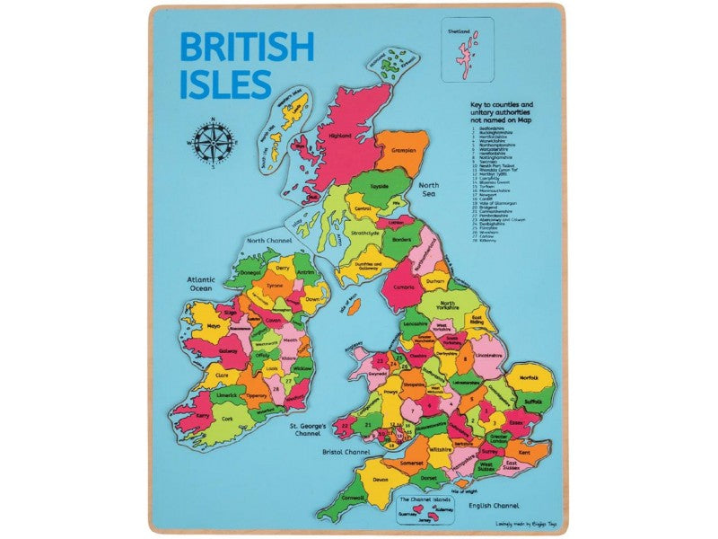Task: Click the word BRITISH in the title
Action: click(247, 47)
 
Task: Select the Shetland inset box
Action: click(468, 50)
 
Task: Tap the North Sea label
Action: click(437, 187)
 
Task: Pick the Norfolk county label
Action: click(529, 378)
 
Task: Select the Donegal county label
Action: click(250, 271)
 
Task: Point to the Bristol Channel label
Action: click(345, 451)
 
